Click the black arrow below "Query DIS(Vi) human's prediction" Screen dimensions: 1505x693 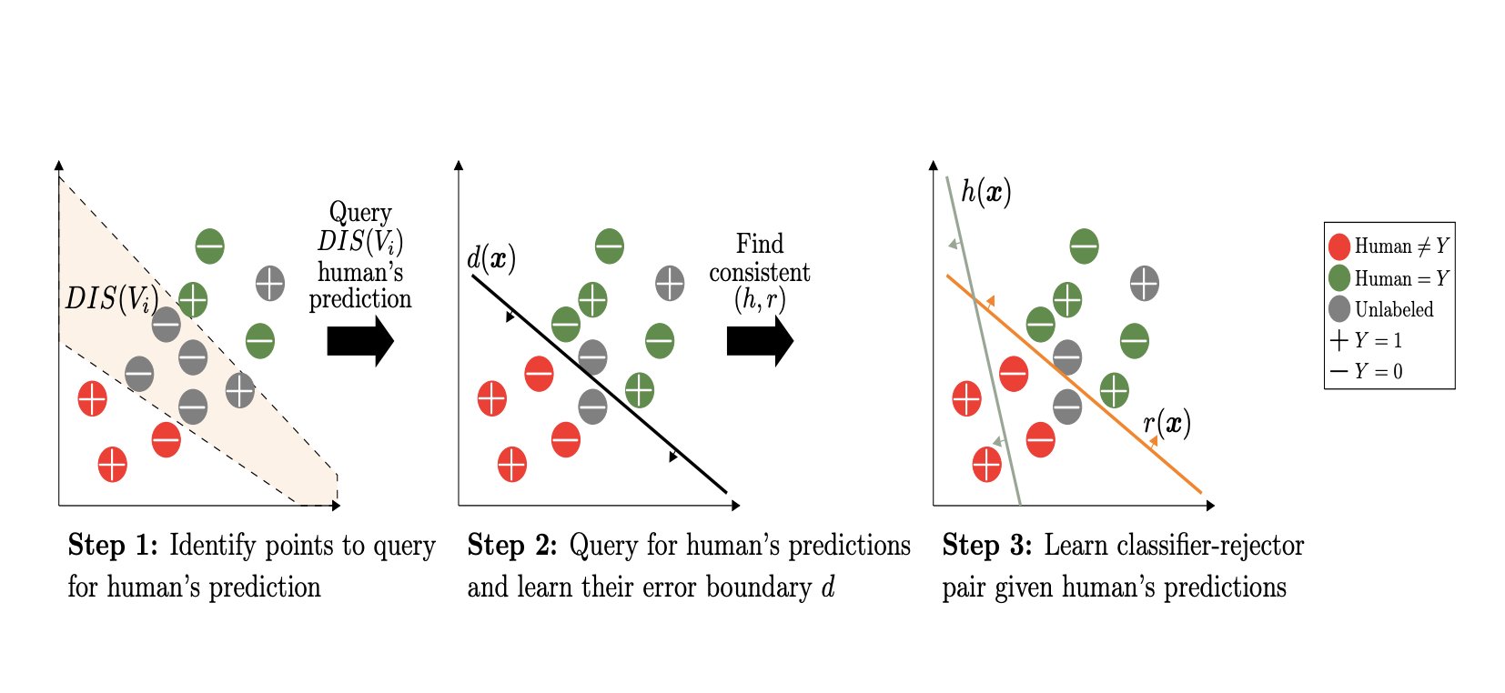coord(359,341)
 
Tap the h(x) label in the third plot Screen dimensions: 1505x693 coord(986,191)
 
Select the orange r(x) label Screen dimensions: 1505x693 coord(1167,424)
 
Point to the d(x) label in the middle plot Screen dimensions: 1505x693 coord(491,258)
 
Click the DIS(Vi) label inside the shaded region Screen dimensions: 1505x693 coord(111,298)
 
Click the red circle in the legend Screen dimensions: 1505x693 coord(1338,246)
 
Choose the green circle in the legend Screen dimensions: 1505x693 coord(1338,277)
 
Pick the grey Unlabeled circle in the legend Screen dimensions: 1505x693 coord(1338,309)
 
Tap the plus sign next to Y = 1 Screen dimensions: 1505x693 coord(1338,340)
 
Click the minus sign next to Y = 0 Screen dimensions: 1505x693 coord(1338,371)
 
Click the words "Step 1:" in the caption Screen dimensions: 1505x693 coord(113,545)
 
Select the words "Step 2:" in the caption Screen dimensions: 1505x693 coord(512,545)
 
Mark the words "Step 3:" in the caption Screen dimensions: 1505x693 coord(987,545)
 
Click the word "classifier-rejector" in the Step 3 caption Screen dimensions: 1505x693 coord(1174,545)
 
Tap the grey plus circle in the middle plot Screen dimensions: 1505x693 coord(670,284)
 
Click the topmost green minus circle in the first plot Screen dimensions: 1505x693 coord(209,246)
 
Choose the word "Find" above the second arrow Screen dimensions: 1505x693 coord(760,244)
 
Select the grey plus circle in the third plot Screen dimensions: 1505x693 coord(1144,284)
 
